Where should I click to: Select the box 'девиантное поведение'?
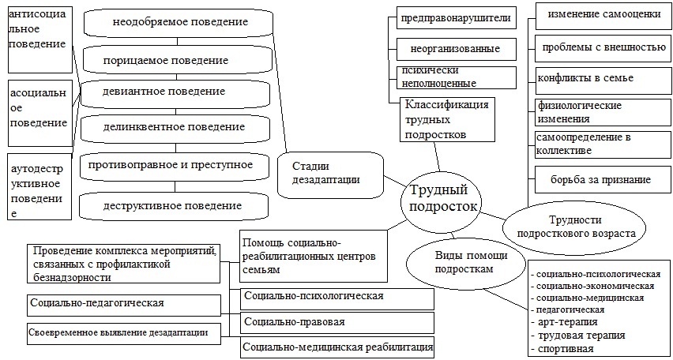click(164, 92)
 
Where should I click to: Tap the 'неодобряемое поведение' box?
click(176, 22)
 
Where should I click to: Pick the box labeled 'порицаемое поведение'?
click(166, 60)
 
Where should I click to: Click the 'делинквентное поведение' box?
click(174, 126)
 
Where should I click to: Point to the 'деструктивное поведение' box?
click(172, 205)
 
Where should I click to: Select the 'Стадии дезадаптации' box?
click(329, 173)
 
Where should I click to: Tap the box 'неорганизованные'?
click(455, 49)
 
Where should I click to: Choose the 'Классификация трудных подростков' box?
click(446, 119)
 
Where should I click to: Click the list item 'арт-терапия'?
click(569, 321)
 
